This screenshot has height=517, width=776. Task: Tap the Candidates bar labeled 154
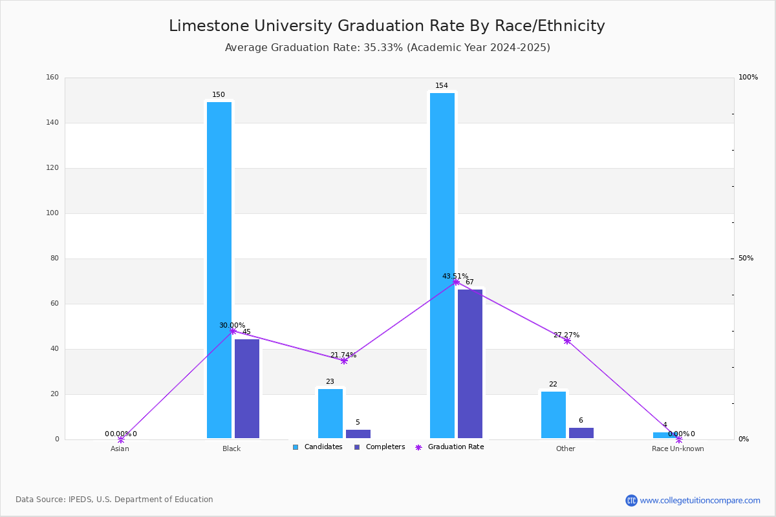[442, 266]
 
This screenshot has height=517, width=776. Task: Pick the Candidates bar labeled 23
[330, 414]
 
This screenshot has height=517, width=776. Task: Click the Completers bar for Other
[581, 433]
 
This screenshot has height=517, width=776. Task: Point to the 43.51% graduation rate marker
[456, 282]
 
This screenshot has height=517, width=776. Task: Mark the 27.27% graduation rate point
[567, 341]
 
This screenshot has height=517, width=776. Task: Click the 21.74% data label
[343, 355]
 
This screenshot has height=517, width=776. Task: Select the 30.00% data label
[232, 326]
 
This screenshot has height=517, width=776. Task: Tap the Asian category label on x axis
[120, 448]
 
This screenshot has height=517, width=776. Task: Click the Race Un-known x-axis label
[678, 448]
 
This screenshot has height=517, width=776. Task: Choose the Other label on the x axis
[565, 448]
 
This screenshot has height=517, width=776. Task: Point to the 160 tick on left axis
[52, 78]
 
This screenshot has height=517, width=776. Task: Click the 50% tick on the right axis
[746, 258]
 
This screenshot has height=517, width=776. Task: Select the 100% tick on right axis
[748, 78]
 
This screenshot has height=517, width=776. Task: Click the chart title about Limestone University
[387, 26]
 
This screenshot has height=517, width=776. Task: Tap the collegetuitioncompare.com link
[700, 500]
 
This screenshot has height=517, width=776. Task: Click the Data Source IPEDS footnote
[114, 500]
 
